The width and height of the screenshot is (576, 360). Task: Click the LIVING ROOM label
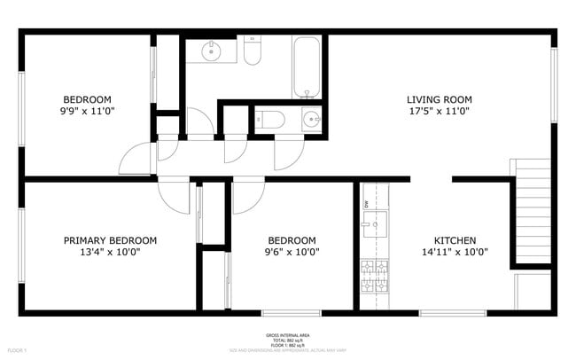(439, 99)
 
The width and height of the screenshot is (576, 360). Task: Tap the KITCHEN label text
(455, 240)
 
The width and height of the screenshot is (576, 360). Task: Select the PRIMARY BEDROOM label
(110, 240)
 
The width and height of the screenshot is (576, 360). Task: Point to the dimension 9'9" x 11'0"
(87, 111)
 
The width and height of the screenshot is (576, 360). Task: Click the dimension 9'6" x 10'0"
(292, 252)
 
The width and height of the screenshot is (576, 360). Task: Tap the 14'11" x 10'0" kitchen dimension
(455, 252)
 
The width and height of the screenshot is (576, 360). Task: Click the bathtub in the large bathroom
(307, 67)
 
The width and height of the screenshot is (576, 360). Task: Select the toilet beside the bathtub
(253, 51)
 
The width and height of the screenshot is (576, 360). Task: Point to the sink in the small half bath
(311, 119)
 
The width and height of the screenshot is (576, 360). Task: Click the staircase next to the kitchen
(532, 211)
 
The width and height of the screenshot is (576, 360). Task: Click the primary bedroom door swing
(174, 196)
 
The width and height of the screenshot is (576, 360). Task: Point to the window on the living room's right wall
(554, 84)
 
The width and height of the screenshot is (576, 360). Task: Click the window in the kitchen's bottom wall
(453, 312)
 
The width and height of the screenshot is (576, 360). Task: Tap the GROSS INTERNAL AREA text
(288, 335)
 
